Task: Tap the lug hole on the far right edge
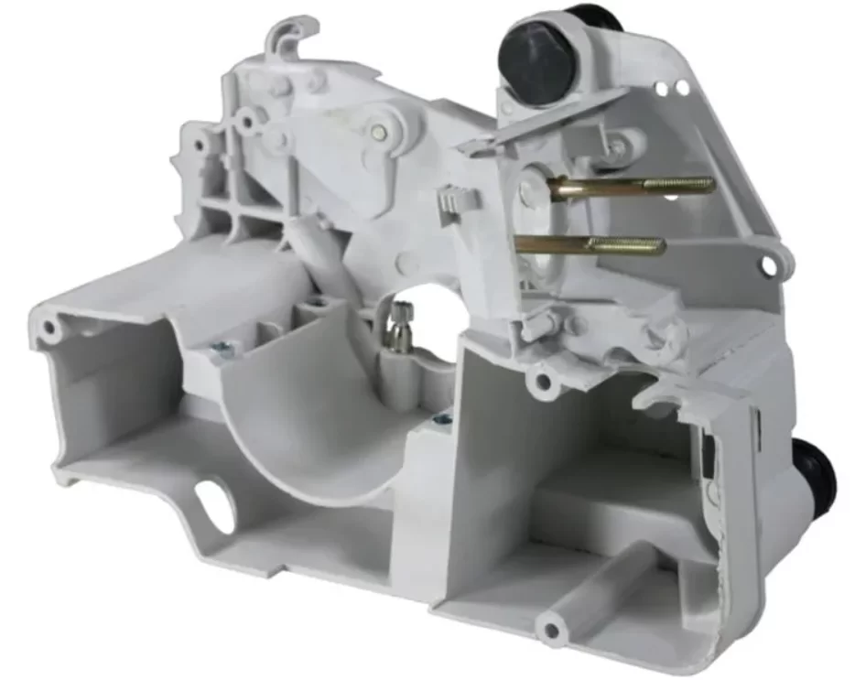pos(768,265)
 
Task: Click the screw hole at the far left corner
pos(49,327)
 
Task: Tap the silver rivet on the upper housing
pos(378,130)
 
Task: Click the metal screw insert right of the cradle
pos(443,418)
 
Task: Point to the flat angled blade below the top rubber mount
pos(549,121)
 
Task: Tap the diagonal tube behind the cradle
pos(316,265)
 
